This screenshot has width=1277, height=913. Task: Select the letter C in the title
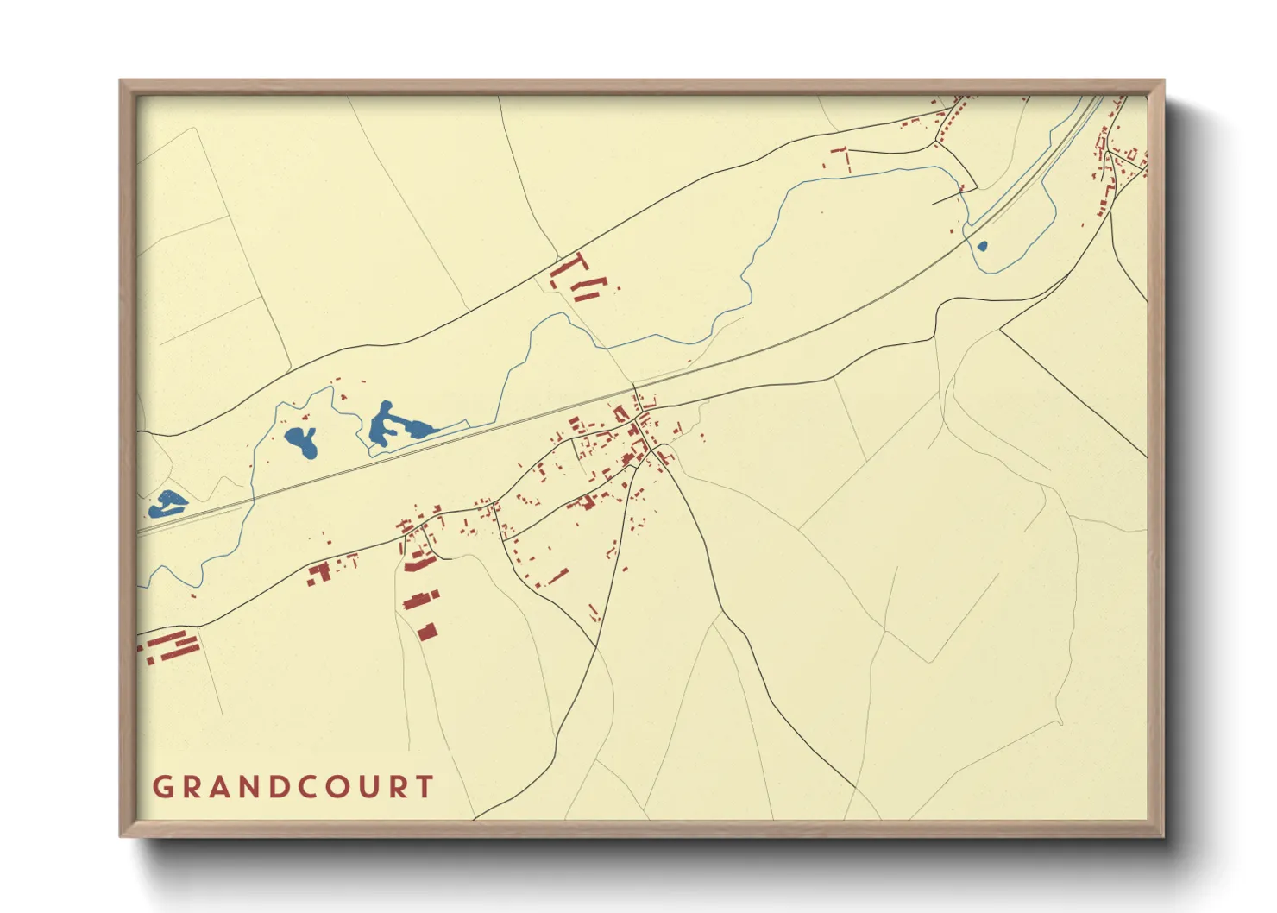(x=295, y=787)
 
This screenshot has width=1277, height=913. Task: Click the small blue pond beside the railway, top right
(x=981, y=246)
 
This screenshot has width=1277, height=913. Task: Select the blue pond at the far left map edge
(x=167, y=503)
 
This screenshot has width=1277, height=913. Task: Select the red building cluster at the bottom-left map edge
(x=168, y=646)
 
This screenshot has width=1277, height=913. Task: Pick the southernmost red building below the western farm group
(x=427, y=632)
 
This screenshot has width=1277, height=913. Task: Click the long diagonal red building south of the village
(x=557, y=576)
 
